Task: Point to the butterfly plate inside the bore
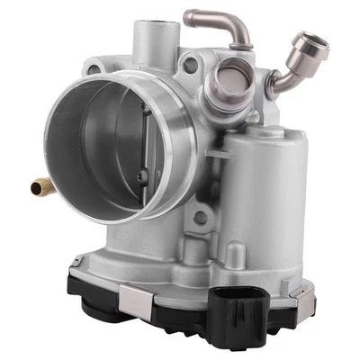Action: click(x=126, y=148)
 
